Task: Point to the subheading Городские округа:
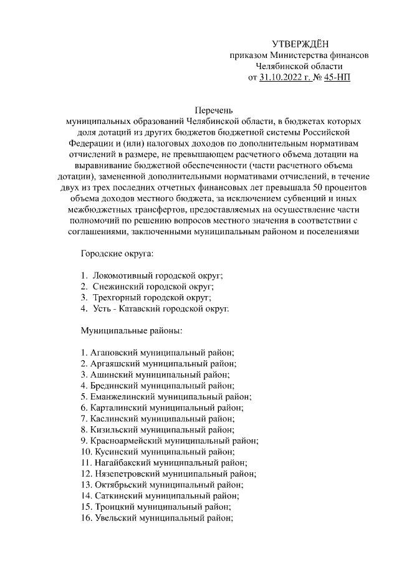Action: [117, 254]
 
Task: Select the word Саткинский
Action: [119, 495]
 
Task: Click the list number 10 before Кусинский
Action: [87, 452]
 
